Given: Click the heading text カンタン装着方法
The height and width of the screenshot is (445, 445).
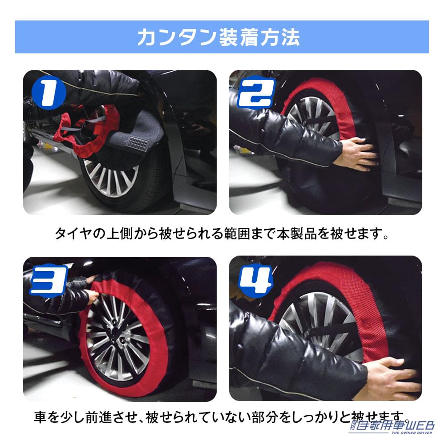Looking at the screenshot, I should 218,37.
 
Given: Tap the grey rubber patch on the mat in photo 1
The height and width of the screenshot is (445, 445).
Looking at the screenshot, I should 138,143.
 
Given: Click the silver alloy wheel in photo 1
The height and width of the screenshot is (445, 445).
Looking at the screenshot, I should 107,178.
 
